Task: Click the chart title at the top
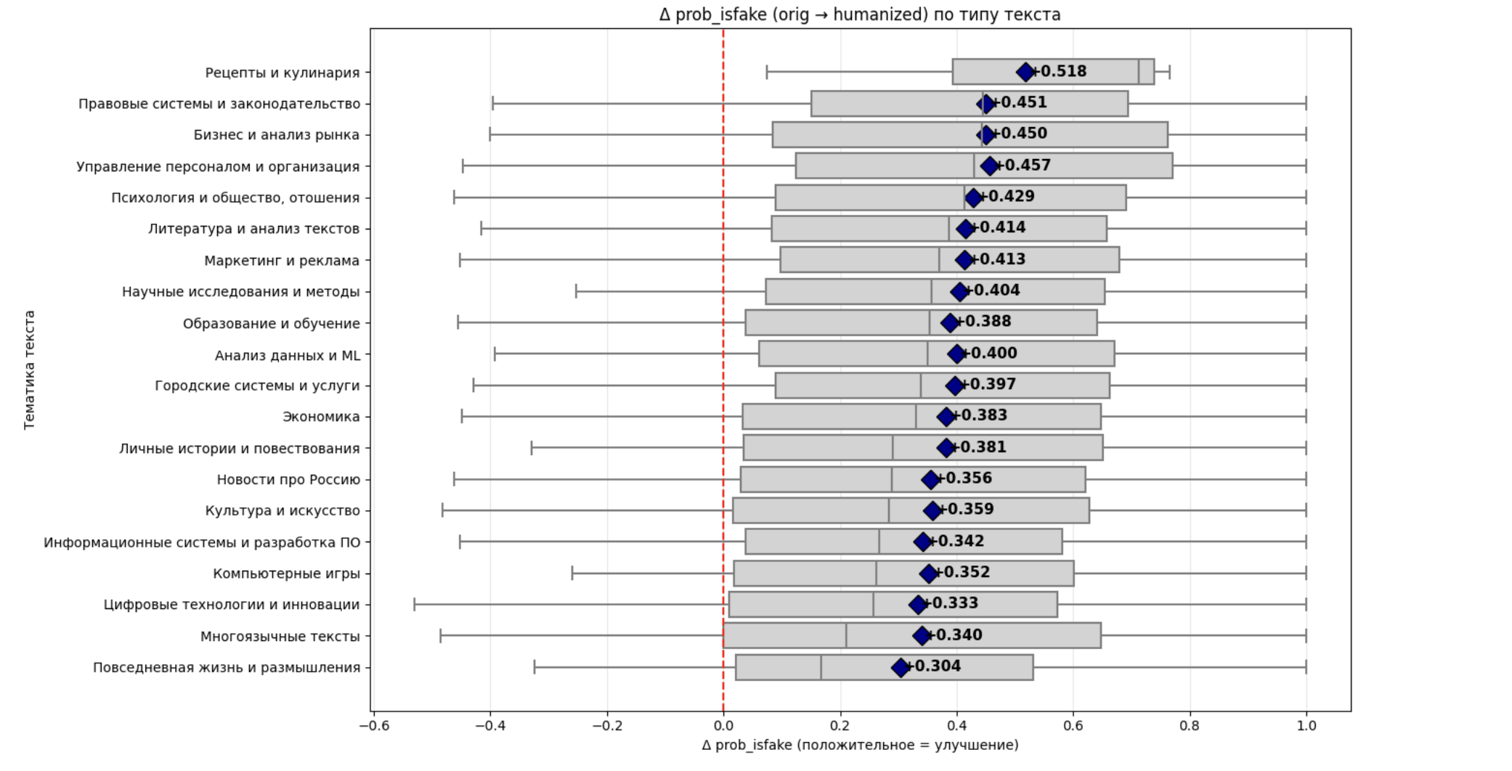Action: click(860, 15)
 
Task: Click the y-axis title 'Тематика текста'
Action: click(30, 370)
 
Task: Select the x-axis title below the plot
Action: click(860, 746)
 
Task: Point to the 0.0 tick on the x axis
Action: click(723, 725)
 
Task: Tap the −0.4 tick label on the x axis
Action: click(489, 725)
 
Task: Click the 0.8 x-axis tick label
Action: click(1190, 725)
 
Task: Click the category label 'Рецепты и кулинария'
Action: click(283, 73)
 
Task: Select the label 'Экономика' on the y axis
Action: click(321, 417)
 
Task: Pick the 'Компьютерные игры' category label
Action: click(286, 574)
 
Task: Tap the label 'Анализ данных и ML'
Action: click(288, 356)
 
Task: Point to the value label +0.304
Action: click(935, 666)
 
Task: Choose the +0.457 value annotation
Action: click(1025, 165)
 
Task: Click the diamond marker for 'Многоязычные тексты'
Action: click(922, 636)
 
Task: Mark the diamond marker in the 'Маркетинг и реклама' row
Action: click(964, 260)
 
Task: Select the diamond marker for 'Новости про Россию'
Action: click(931, 479)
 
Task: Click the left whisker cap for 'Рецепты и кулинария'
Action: click(767, 72)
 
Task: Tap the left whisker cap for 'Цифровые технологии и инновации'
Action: click(415, 604)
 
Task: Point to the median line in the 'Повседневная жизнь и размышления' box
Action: click(821, 667)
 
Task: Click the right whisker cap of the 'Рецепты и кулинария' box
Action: click(1169, 72)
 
